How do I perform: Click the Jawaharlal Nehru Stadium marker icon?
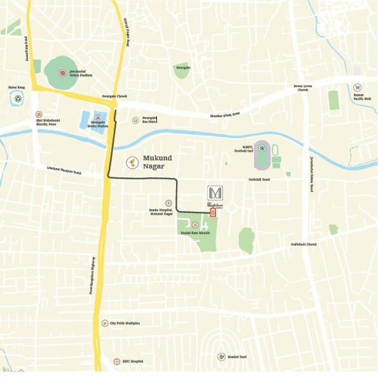point(62,73)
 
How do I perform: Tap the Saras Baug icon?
point(18,98)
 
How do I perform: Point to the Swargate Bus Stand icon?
point(135,120)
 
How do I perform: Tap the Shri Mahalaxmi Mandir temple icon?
point(39,114)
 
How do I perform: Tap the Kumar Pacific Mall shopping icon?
point(358,88)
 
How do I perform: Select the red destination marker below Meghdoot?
point(213,212)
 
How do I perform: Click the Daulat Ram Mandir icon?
point(194,225)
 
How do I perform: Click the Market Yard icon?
point(222,357)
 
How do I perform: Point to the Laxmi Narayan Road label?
point(64,170)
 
